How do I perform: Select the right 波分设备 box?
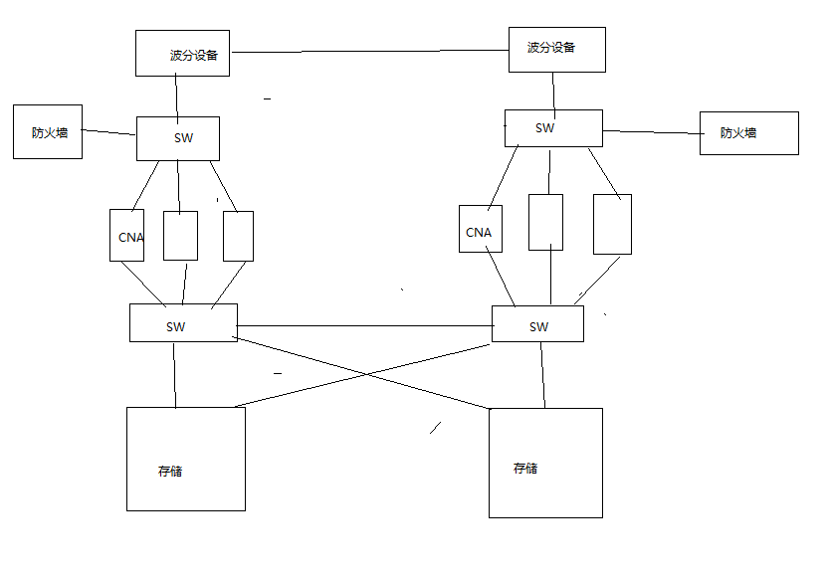pyautogui.click(x=556, y=49)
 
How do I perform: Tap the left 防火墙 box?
pyautogui.click(x=48, y=131)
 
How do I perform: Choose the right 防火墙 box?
pyautogui.click(x=748, y=132)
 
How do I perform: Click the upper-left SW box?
pyautogui.click(x=177, y=138)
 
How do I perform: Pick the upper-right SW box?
pyautogui.click(x=553, y=128)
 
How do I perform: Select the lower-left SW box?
pyautogui.click(x=183, y=322)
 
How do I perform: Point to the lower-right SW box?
pyautogui.click(x=537, y=323)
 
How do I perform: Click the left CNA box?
pyautogui.click(x=126, y=235)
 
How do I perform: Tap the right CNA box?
pyautogui.click(x=481, y=229)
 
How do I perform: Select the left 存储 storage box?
pyautogui.click(x=186, y=459)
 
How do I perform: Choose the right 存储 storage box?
pyautogui.click(x=545, y=463)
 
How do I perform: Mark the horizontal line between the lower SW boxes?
pyautogui.click(x=364, y=325)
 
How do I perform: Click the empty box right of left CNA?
pyautogui.click(x=180, y=235)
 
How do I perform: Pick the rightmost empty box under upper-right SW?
pyautogui.click(x=612, y=224)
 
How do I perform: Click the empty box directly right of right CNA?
pyautogui.click(x=545, y=222)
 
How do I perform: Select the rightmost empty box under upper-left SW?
pyautogui.click(x=238, y=236)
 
